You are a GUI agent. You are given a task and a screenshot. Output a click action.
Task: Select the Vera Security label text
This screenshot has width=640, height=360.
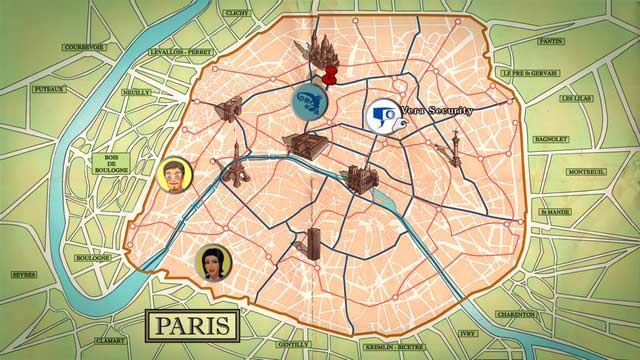pos(436,111)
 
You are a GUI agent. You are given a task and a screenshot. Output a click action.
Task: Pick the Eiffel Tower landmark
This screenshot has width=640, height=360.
pos(236,162)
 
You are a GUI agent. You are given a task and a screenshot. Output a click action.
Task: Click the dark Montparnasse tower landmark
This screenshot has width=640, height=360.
pos(313,246)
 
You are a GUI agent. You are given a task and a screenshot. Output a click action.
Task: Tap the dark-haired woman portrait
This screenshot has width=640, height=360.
pos(214,261)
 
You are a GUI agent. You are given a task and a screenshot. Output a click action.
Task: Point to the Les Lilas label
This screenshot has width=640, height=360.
pos(577,99)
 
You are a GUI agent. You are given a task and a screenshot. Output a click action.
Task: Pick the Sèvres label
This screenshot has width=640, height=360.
pos(24,274)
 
